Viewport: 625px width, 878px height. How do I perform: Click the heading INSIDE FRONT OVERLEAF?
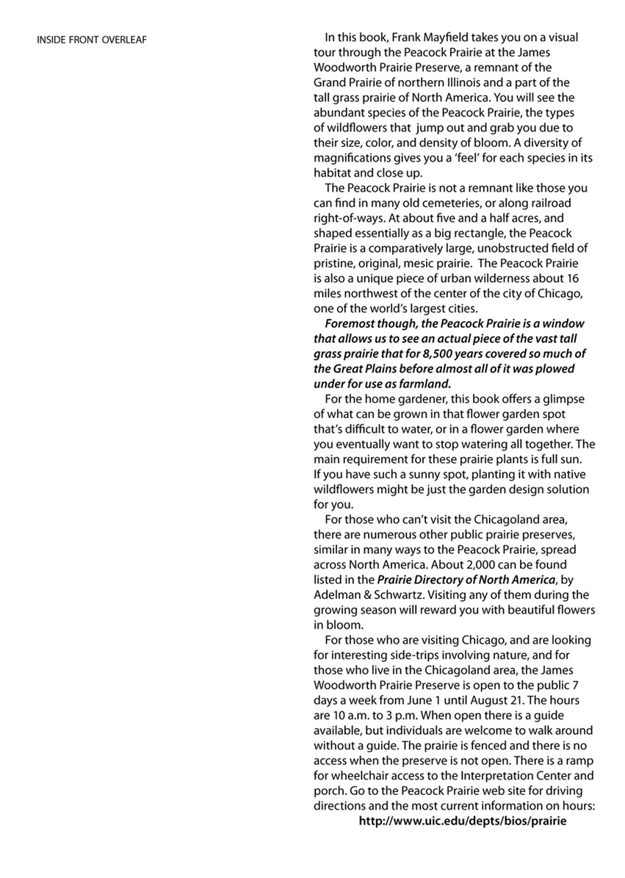(92, 40)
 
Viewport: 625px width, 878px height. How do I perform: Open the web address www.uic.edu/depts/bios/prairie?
(463, 820)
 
